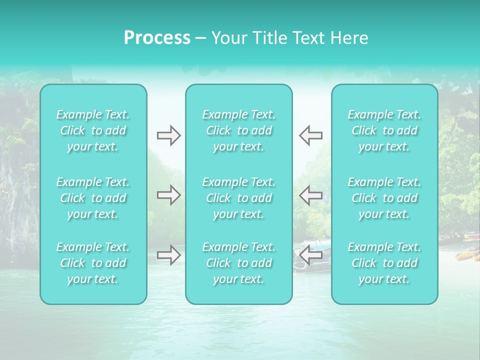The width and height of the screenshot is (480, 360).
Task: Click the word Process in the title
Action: click(157, 38)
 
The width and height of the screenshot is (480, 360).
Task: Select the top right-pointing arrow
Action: click(168, 135)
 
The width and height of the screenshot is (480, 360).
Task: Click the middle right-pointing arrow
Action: click(168, 195)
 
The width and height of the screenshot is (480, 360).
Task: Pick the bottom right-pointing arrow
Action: click(168, 255)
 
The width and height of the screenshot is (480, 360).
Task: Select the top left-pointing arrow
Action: click(310, 135)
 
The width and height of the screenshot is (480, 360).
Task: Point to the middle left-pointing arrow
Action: click(310, 195)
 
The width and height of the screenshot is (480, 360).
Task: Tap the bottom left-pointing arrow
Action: click(310, 255)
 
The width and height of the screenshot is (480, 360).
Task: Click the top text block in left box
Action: click(93, 130)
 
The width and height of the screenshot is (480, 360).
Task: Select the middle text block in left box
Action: click(93, 198)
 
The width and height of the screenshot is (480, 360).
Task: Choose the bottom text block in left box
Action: click(93, 263)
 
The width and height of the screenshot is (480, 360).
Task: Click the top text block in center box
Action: click(239, 130)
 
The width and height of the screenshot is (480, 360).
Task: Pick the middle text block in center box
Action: click(239, 198)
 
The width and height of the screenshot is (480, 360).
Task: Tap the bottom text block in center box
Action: click(239, 263)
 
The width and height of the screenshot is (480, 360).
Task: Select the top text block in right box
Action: click(384, 130)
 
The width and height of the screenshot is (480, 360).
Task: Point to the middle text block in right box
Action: click(384, 198)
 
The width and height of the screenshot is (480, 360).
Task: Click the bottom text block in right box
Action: click(384, 263)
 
